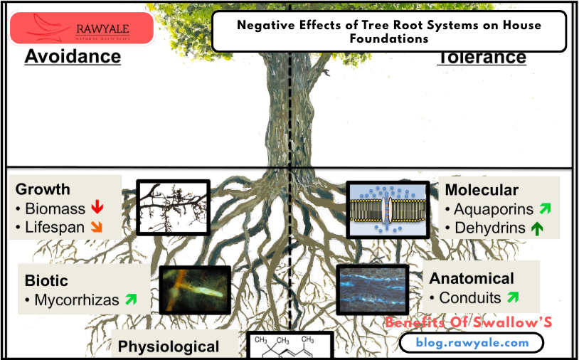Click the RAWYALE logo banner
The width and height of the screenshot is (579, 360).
click(82, 29)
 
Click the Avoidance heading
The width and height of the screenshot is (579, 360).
click(73, 57)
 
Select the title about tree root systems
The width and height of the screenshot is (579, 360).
click(389, 32)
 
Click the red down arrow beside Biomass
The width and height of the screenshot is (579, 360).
click(97, 208)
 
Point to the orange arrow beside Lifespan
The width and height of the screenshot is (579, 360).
click(97, 228)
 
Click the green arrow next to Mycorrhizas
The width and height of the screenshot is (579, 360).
click(131, 300)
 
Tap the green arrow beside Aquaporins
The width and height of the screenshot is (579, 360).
click(545, 209)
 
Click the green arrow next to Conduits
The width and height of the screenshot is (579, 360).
click(512, 297)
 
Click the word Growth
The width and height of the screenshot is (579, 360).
click(43, 189)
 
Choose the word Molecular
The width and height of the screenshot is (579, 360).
click(482, 190)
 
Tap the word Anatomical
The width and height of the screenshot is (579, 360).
click(472, 278)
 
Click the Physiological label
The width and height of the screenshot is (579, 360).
click(169, 347)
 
